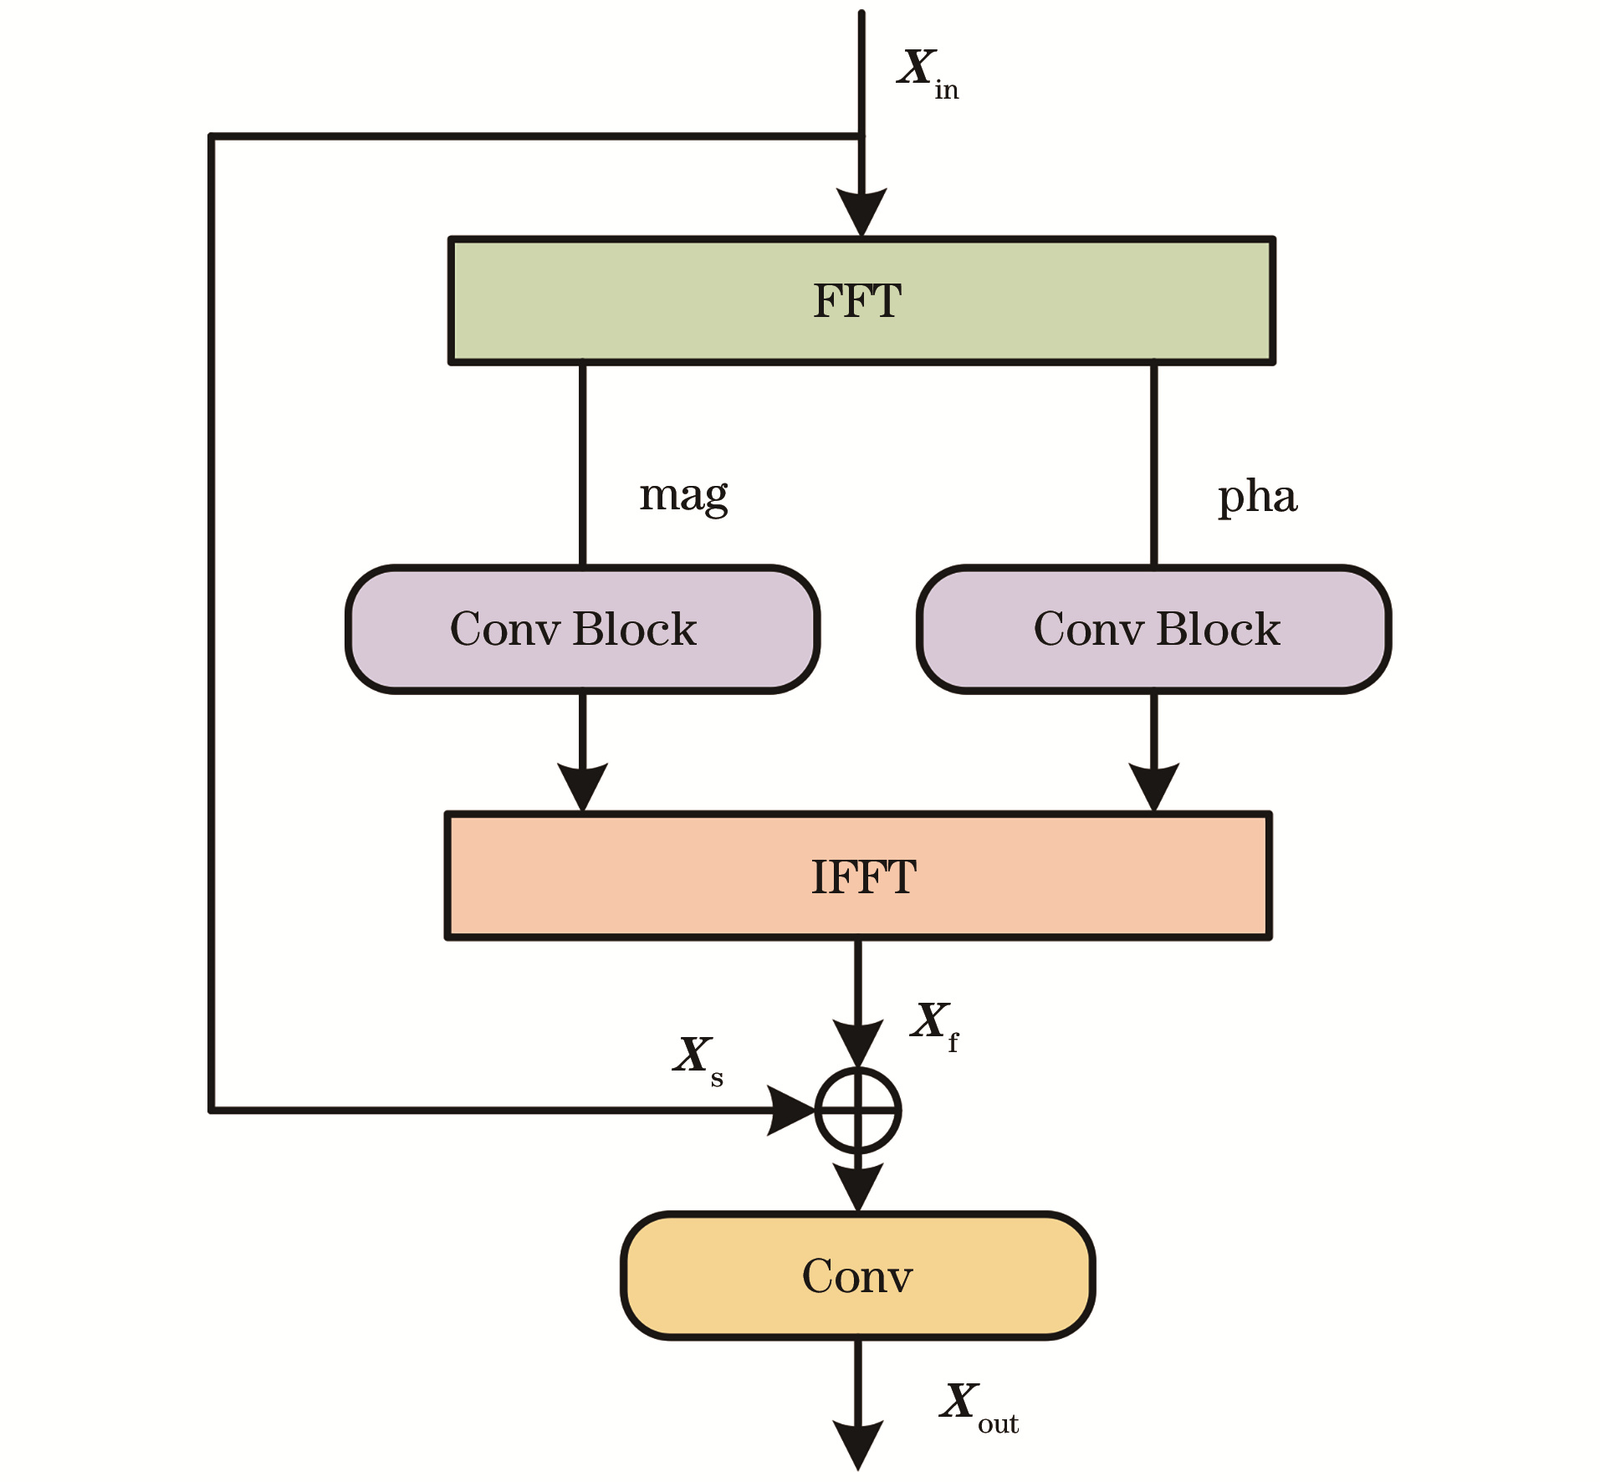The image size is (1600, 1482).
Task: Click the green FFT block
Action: [861, 301]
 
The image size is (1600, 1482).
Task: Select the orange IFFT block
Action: [858, 876]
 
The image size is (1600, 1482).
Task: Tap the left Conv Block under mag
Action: [582, 629]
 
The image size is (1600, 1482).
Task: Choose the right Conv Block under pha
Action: [1153, 629]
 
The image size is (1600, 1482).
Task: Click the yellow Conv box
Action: [858, 1275]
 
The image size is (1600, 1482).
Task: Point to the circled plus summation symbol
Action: [858, 1111]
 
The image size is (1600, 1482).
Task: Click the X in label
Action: [927, 74]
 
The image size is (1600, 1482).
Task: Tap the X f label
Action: [933, 1025]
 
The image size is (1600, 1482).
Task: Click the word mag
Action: [683, 496]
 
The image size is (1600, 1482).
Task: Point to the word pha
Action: [1257, 497]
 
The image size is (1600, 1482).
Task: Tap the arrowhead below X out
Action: [858, 1444]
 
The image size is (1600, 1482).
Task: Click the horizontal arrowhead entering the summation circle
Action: [791, 1111]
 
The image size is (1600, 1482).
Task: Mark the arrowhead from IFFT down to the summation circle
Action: [858, 1042]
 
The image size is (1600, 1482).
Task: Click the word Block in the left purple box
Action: [635, 629]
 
